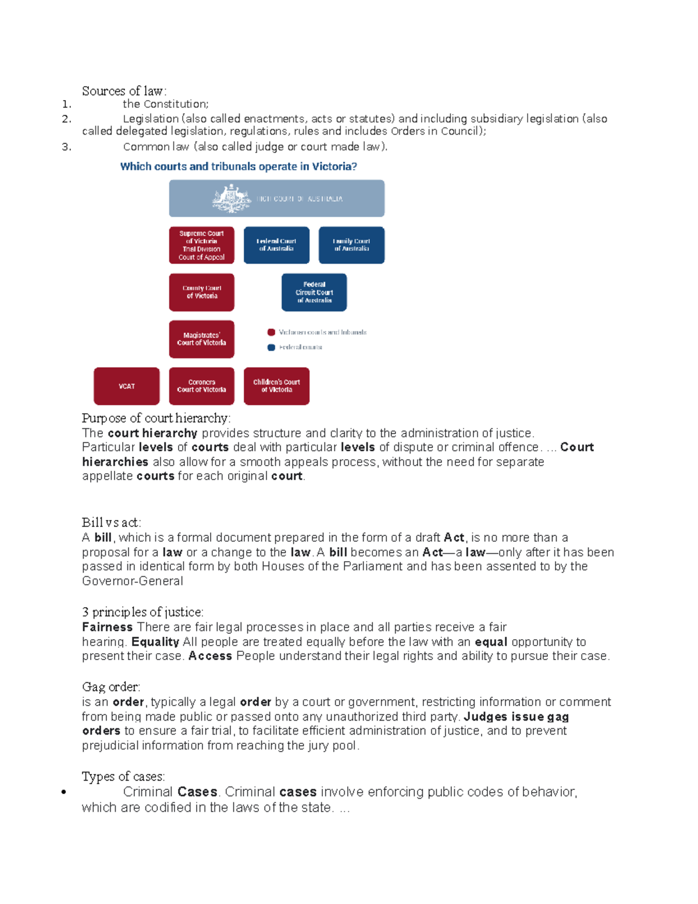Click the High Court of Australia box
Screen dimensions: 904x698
click(276, 198)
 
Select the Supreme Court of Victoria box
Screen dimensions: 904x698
click(202, 245)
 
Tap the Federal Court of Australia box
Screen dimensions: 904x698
click(276, 245)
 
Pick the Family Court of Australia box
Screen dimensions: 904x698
click(351, 245)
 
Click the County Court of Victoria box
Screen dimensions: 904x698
click(202, 292)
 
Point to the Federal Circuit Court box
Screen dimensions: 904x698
click(314, 292)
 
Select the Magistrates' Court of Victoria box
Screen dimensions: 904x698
click(202, 339)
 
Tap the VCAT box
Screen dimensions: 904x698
click(127, 386)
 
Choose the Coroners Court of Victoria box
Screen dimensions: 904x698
click(202, 386)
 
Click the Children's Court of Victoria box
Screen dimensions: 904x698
click(276, 386)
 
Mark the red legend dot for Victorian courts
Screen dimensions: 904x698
click(271, 332)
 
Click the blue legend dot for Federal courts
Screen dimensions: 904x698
click(271, 348)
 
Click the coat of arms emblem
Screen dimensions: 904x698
click(232, 198)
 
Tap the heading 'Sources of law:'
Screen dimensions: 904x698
click(124, 91)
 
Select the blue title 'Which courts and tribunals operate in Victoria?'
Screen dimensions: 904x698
click(238, 166)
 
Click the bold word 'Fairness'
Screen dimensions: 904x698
click(108, 627)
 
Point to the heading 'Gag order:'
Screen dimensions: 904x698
click(111, 687)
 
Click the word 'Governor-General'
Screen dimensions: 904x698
click(133, 581)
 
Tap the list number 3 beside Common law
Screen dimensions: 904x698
click(66, 147)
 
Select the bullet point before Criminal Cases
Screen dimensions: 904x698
click(63, 792)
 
